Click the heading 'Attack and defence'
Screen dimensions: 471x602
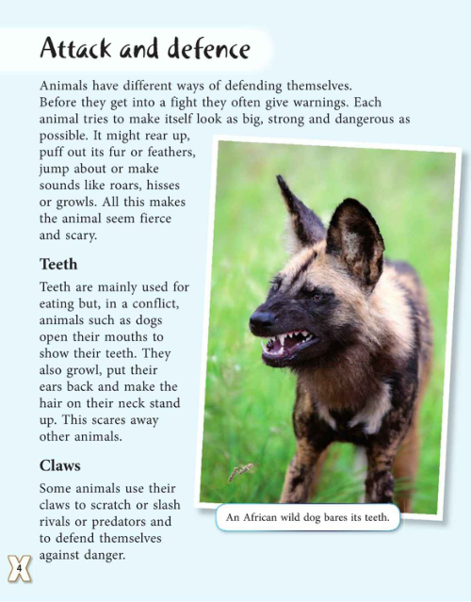[x=145, y=49]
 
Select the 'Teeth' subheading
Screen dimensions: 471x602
[x=58, y=264]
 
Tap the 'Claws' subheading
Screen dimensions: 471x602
[x=60, y=465]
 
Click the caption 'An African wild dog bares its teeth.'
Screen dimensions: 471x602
[x=308, y=516]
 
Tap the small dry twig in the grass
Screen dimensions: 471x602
[x=242, y=471]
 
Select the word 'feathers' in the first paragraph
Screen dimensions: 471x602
[x=166, y=153]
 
